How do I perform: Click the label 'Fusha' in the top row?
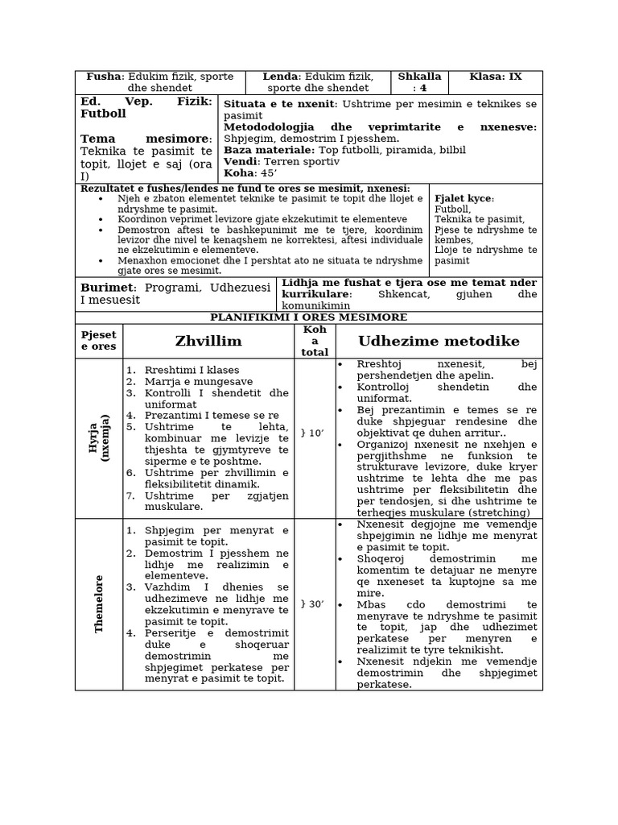103,77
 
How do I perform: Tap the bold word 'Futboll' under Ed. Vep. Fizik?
103,114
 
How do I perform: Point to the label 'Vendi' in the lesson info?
241,161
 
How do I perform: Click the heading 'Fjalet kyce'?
463,198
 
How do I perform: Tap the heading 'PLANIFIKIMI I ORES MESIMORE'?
309,317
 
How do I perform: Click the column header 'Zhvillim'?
208,342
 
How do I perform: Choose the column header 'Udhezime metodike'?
439,342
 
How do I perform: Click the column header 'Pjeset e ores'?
99,341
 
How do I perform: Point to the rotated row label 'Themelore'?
100,603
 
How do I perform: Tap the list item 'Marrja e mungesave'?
199,381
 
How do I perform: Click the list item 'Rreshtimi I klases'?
192,370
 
